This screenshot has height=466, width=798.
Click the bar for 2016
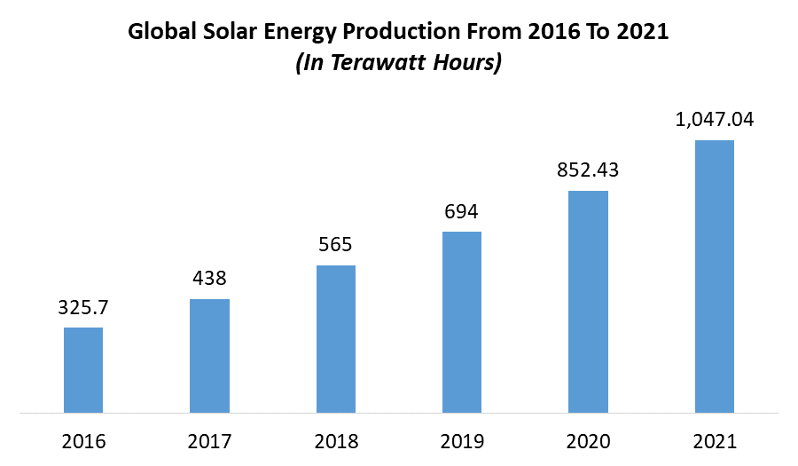pos(83,370)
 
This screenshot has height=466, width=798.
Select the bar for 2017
pos(209,356)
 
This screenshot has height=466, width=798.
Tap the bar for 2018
pos(336,339)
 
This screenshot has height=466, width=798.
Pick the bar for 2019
pos(462,322)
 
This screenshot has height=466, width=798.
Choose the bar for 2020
pos(588,302)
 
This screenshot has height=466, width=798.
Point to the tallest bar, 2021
pos(715,276)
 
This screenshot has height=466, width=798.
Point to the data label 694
pos(462,213)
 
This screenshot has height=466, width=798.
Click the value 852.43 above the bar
pos(588,171)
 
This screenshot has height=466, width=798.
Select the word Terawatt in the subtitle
pos(382,64)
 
